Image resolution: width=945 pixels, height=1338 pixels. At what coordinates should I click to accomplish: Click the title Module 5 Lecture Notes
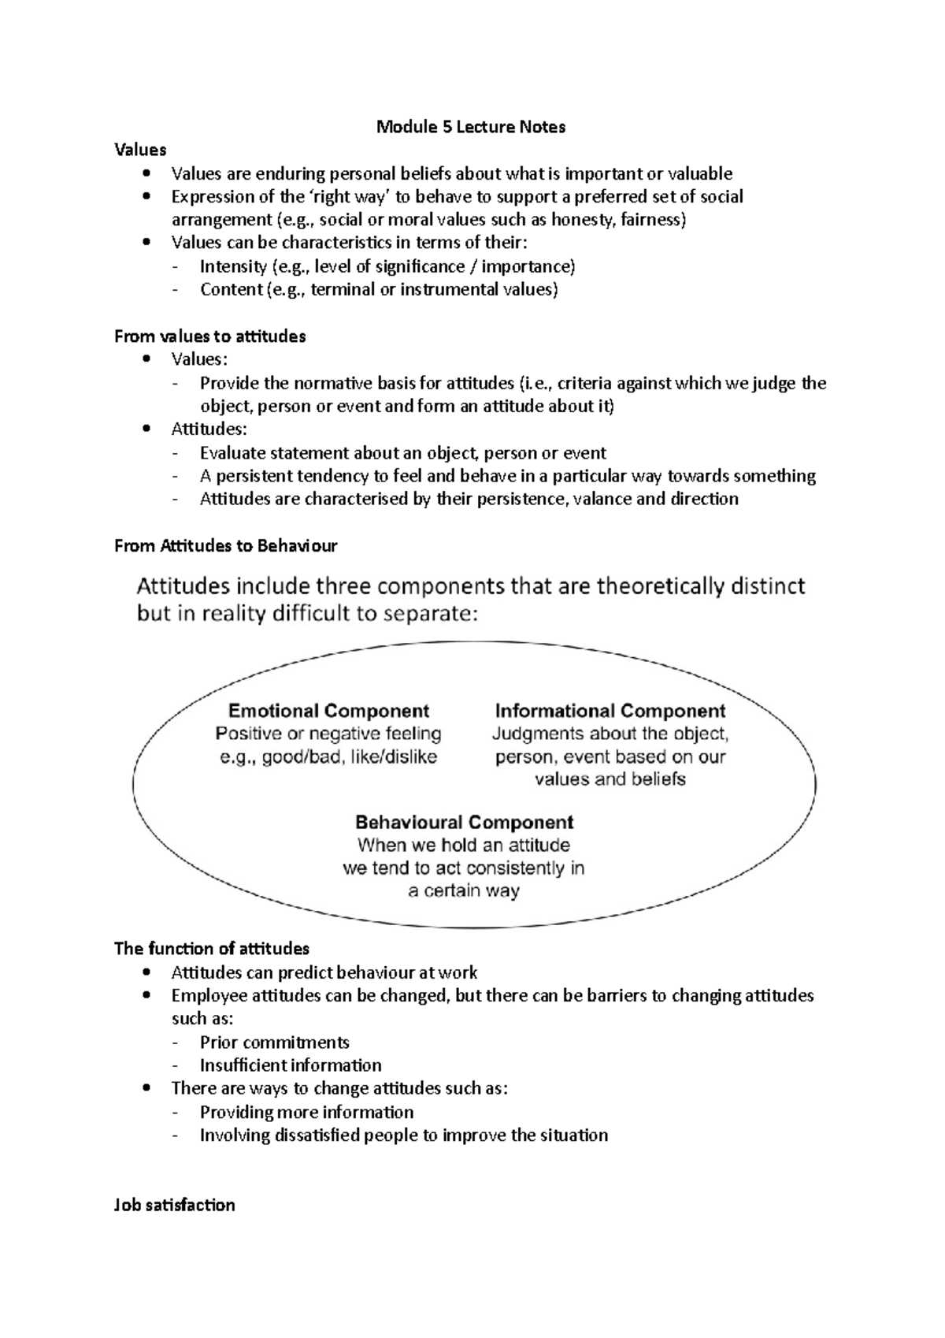(x=471, y=127)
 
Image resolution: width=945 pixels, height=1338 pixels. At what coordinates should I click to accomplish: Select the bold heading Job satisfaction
(x=174, y=1204)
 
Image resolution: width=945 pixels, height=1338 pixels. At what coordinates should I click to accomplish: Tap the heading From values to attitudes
(x=209, y=336)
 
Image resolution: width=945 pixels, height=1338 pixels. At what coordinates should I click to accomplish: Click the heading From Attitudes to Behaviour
(x=225, y=545)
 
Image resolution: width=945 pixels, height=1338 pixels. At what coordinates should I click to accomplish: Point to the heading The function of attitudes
(x=211, y=948)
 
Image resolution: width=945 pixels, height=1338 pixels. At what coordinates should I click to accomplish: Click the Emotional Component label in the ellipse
(x=328, y=711)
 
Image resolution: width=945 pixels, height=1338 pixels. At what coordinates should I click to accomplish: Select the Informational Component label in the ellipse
(x=610, y=711)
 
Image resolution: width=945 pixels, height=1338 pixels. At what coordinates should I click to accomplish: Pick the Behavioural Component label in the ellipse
(x=464, y=822)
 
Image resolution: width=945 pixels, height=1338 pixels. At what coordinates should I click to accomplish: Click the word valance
(x=602, y=499)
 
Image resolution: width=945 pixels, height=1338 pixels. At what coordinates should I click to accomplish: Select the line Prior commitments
(x=274, y=1042)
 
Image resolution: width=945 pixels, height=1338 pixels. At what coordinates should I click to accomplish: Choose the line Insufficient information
(x=290, y=1065)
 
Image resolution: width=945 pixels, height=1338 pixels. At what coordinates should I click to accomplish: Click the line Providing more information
(x=306, y=1112)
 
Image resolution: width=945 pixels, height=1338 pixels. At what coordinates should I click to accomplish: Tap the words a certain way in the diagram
(x=464, y=891)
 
